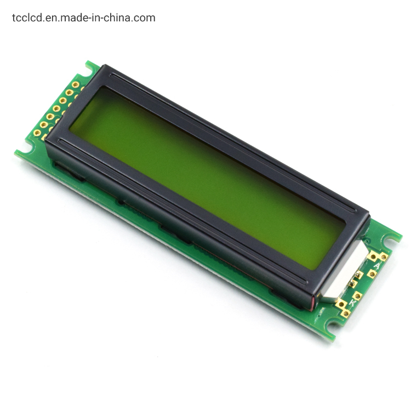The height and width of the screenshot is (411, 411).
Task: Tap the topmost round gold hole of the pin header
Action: coord(76,84)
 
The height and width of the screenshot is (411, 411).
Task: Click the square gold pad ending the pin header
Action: coord(37,133)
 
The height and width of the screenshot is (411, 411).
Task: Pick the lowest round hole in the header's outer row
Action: coord(44,124)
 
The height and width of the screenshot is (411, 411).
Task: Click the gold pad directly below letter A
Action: coord(373,274)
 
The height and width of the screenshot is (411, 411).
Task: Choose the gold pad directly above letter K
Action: coord(357,295)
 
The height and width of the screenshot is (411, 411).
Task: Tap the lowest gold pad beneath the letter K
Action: coord(346,313)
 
